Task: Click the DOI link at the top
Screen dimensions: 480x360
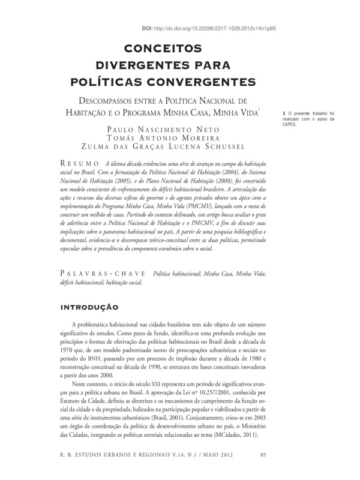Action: coord(221,28)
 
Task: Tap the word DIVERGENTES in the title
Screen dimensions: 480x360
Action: coord(151,65)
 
